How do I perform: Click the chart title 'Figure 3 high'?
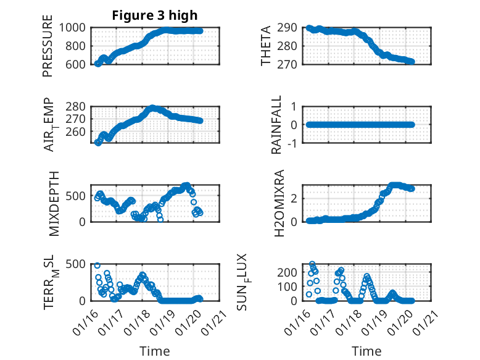[155, 15]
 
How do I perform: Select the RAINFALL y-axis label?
[277, 125]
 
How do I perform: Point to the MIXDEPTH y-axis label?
[54, 203]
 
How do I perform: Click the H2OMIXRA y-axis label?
[278, 203]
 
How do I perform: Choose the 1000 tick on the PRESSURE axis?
[76, 27]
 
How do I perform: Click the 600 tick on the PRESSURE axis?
[78, 64]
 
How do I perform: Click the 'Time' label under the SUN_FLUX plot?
[366, 351]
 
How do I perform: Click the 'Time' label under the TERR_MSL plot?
[155, 351]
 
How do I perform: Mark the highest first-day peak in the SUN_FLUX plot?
[312, 264]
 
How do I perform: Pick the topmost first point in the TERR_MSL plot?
[97, 266]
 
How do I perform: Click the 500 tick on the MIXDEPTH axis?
[78, 196]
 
